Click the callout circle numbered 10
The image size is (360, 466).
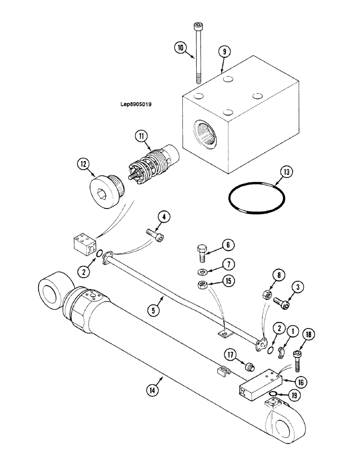coord(181,47)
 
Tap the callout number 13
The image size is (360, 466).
coord(286,172)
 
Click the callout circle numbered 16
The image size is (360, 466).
coord(301,382)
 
